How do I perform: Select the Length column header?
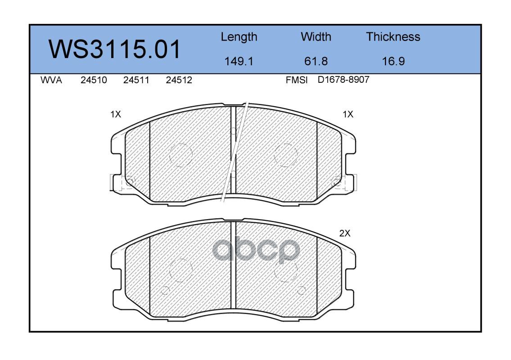coord(239,37)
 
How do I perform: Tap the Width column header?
coord(316,36)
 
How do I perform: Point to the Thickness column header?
coord(393,36)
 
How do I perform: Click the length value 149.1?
coord(239,61)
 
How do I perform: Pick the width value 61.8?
coord(316,61)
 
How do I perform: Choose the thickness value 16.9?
coord(393,61)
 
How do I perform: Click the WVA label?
coord(51,80)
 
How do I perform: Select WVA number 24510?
coord(94,80)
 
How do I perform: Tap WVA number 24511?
coord(136,80)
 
